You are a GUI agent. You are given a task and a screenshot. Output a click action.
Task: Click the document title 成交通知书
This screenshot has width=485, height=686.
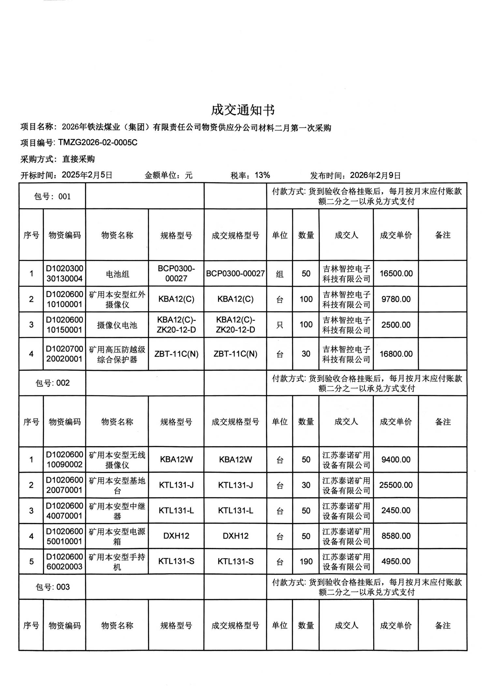[x=242, y=110]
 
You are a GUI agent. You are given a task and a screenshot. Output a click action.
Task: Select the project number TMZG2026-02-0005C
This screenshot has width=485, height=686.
[x=98, y=143]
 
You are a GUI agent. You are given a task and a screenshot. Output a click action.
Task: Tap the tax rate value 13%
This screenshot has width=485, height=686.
[x=262, y=175]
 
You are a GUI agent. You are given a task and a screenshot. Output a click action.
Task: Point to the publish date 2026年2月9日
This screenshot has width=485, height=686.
[x=375, y=176]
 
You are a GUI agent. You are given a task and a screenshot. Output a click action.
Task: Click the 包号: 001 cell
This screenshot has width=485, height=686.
[x=52, y=197]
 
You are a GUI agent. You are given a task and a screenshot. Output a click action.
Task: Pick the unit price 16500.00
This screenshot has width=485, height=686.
[x=396, y=273]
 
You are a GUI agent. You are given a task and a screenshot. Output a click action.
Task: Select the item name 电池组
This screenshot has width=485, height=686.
[x=117, y=274]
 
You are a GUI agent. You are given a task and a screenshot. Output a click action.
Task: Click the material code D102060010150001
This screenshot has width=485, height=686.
[x=65, y=325]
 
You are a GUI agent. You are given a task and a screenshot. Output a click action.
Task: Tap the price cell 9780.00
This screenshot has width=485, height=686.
[x=396, y=299]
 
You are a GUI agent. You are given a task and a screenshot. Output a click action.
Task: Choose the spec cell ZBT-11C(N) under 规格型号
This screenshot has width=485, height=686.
[x=176, y=354]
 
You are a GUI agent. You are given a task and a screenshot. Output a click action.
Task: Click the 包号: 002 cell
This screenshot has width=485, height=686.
[x=52, y=383]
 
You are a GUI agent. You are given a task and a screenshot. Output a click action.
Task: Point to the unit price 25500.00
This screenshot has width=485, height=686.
[x=396, y=485]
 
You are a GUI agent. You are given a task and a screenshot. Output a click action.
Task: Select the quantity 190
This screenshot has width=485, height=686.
[x=306, y=562]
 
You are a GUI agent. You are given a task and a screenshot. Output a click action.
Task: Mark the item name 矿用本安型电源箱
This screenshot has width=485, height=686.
[x=117, y=536]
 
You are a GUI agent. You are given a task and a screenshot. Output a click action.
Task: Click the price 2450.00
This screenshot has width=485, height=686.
[x=396, y=511]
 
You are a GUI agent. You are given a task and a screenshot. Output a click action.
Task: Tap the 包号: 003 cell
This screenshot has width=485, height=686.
[x=52, y=587]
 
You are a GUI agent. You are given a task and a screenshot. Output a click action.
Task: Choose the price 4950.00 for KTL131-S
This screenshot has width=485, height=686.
[x=396, y=562]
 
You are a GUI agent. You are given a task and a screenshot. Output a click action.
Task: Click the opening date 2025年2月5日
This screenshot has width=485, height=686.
[x=87, y=175]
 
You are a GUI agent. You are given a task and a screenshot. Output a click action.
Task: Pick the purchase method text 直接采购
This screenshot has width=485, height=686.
[x=79, y=159]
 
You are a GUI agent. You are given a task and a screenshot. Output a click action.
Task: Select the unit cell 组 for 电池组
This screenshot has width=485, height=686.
[x=280, y=274]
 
